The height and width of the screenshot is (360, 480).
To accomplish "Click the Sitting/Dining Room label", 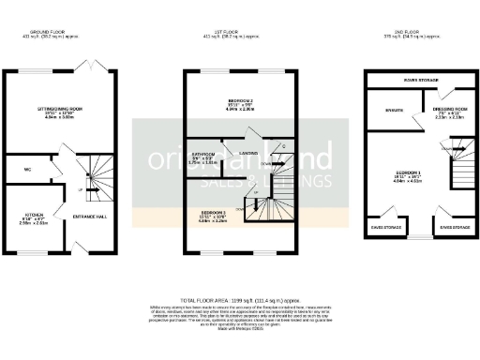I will pos(53,112).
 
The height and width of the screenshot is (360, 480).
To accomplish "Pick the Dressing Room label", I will pos(436,114).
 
